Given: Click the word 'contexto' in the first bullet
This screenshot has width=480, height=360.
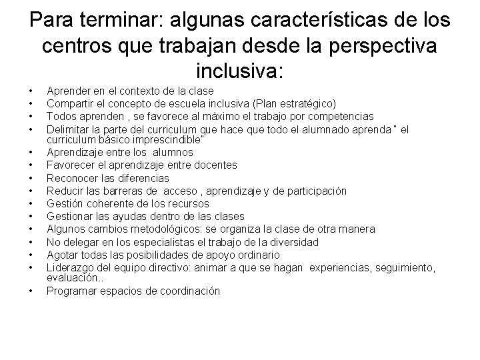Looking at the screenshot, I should pyautogui.click(x=127, y=91).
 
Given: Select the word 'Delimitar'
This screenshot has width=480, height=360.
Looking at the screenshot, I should pyautogui.click(x=68, y=129).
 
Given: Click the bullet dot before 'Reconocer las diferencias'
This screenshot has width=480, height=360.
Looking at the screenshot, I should pyautogui.click(x=31, y=179).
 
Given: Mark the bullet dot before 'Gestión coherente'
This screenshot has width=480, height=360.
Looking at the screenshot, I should pyautogui.click(x=31, y=204).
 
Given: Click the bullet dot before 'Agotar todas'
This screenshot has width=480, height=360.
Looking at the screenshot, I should pyautogui.click(x=31, y=255).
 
